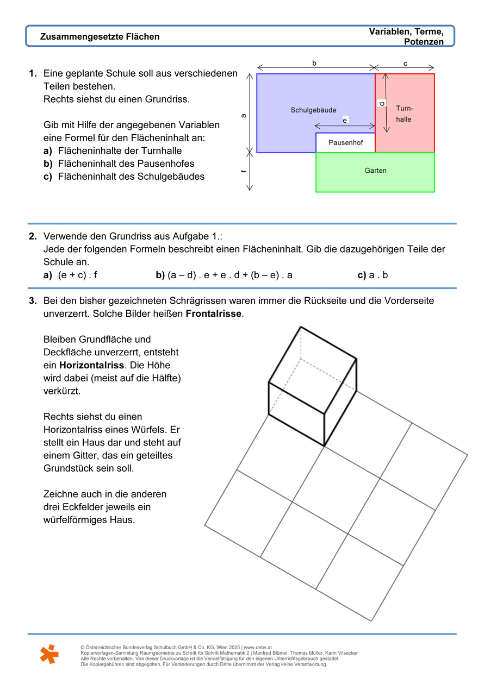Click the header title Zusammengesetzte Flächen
[100, 37]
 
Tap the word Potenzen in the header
[424, 42]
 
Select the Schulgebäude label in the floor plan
[313, 110]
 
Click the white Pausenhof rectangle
[345, 143]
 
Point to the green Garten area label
[375, 171]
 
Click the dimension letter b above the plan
[314, 64]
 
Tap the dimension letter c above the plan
[405, 64]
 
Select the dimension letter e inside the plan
[345, 120]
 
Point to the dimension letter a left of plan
[244, 115]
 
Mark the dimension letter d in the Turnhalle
[382, 103]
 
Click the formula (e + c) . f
[78, 275]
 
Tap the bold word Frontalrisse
[214, 314]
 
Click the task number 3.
[33, 300]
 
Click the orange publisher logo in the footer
[49, 654]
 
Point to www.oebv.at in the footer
[258, 648]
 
